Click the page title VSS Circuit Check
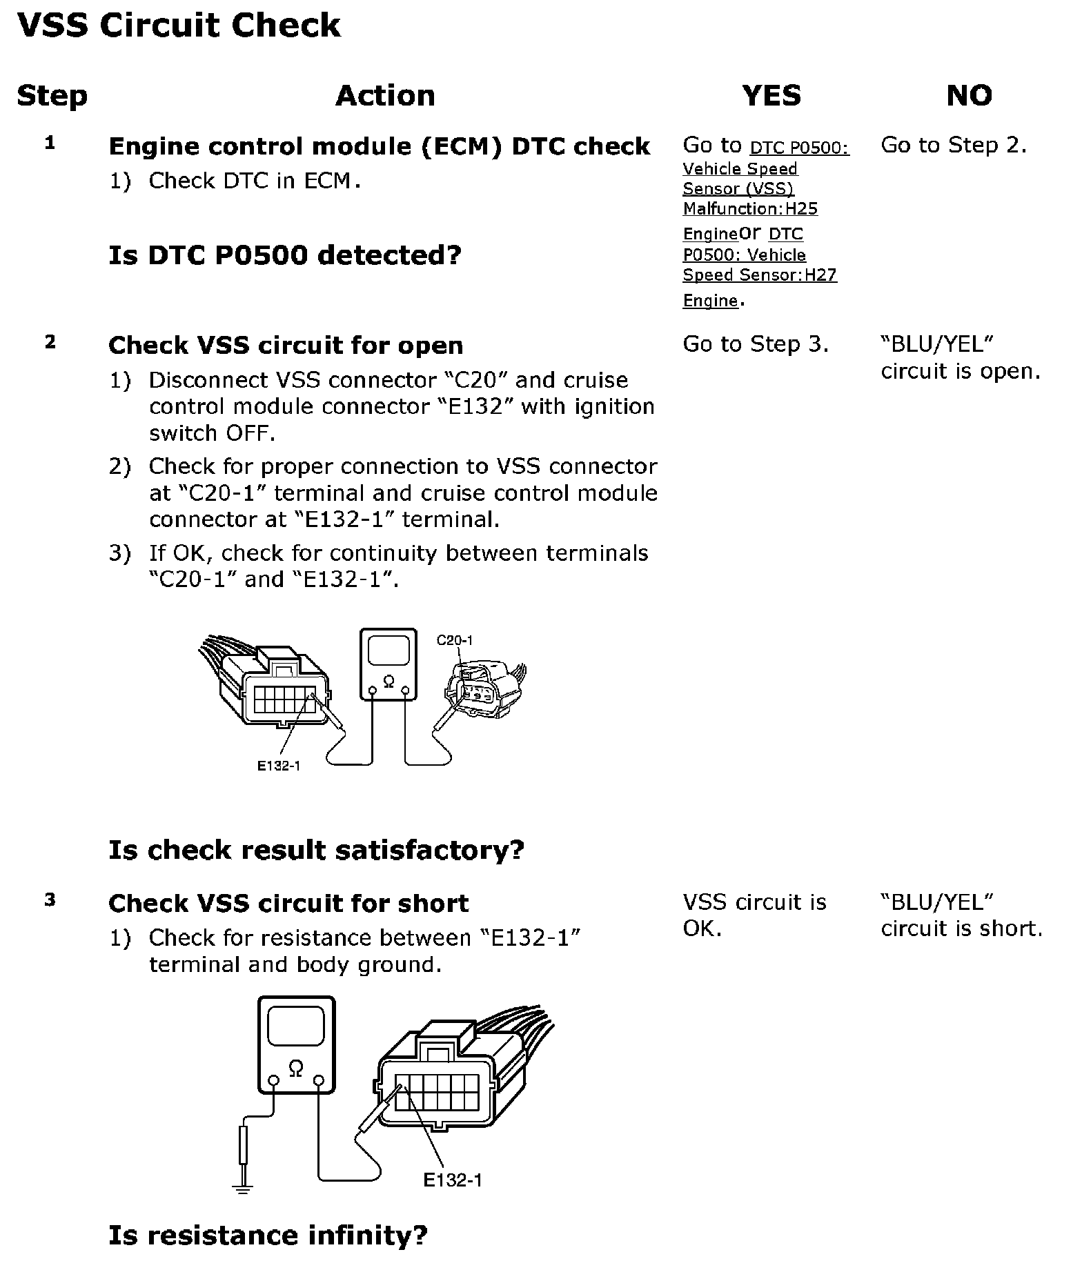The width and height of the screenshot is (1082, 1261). [178, 26]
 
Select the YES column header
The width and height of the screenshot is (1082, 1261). [771, 95]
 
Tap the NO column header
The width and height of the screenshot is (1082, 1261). [969, 95]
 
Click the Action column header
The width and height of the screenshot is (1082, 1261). [385, 95]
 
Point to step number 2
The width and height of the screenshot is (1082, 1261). [50, 342]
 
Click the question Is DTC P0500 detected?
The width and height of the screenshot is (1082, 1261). [284, 255]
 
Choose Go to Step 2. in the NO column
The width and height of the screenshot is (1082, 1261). [954, 145]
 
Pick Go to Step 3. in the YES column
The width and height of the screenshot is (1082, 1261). [756, 344]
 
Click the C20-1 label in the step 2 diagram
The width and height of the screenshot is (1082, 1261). [455, 640]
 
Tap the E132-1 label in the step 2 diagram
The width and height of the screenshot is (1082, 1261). [279, 765]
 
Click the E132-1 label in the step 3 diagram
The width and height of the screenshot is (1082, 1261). [453, 1180]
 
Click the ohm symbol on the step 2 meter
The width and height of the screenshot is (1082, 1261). [388, 682]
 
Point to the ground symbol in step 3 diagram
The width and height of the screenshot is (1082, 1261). [242, 1186]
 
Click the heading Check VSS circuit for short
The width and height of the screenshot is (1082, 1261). [288, 903]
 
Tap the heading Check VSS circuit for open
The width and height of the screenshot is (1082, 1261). [286, 346]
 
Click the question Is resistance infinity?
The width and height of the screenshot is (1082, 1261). [268, 1235]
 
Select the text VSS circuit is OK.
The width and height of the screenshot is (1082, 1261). [754, 915]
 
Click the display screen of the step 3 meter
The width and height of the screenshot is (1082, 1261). [296, 1026]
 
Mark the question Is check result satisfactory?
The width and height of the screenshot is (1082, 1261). [316, 850]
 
